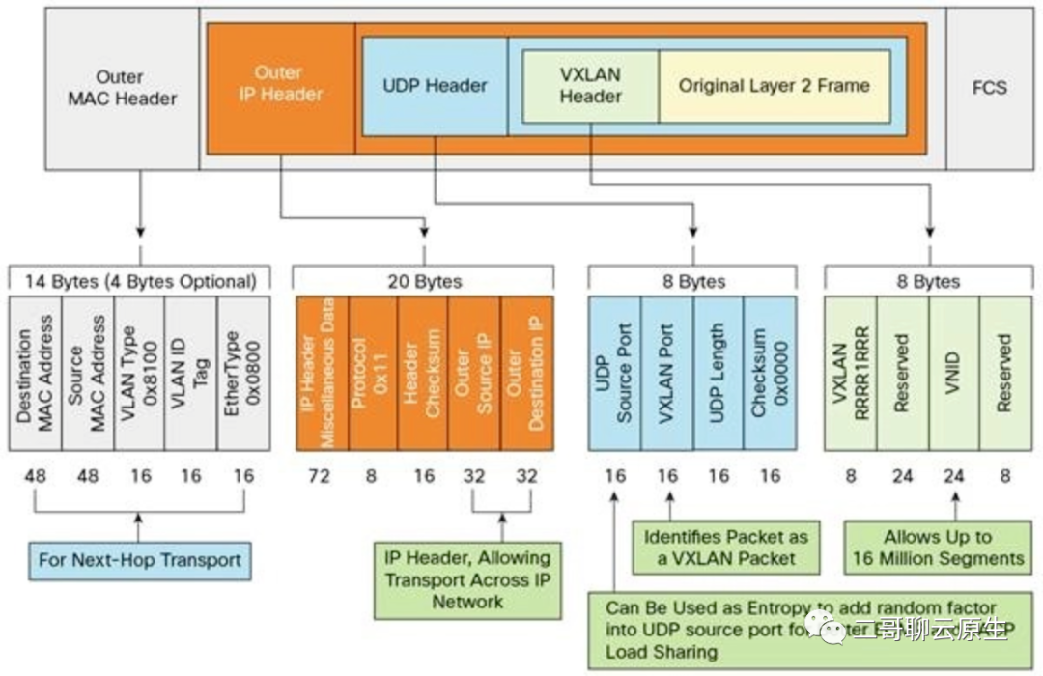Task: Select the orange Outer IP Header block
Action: tap(281, 85)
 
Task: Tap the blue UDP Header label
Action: tap(435, 85)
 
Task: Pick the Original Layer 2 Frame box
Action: tap(774, 86)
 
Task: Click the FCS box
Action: tap(989, 88)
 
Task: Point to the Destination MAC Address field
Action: tap(36, 373)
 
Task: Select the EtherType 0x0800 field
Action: tap(243, 373)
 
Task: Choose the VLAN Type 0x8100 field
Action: tap(139, 373)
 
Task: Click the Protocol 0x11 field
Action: tap(372, 373)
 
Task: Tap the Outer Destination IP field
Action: tap(527, 373)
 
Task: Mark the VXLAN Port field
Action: tap(667, 373)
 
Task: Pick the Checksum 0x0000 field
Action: tap(770, 373)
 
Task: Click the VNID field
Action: tap(954, 373)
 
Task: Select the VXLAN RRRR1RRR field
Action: tap(851, 373)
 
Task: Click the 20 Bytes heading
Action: tap(425, 282)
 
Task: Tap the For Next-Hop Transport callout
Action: tap(138, 559)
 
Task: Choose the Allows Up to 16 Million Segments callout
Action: tap(938, 548)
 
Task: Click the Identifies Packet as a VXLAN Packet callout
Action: tap(726, 548)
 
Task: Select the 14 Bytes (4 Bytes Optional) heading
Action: tap(140, 282)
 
